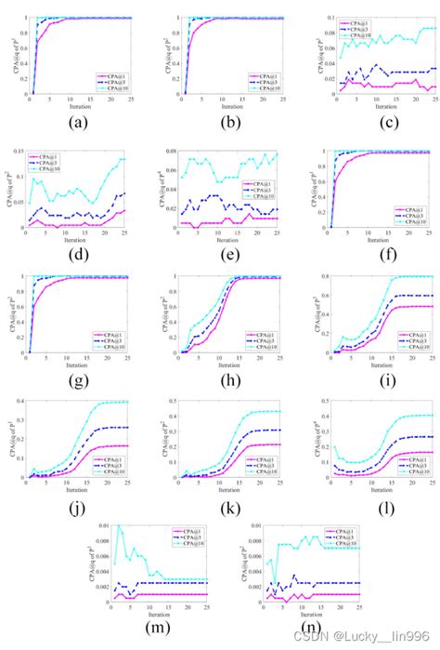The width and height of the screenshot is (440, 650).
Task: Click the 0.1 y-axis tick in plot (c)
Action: coord(312,18)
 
